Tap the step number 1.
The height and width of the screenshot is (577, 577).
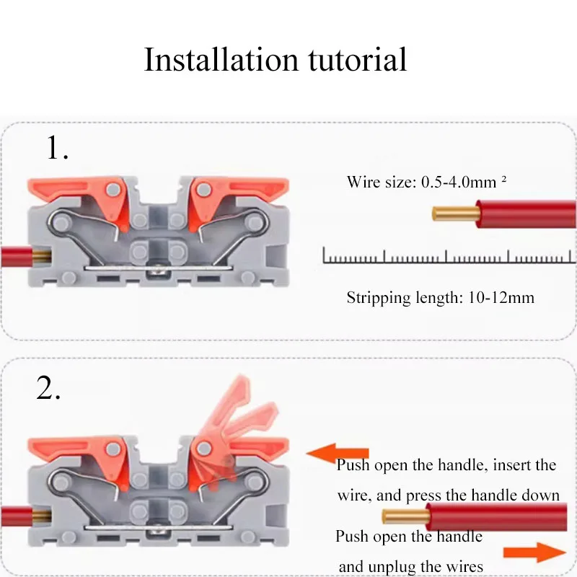click(x=58, y=148)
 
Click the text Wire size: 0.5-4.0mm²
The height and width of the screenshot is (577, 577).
click(x=426, y=182)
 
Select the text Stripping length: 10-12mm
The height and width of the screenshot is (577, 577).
click(x=440, y=297)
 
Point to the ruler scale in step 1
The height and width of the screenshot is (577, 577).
click(x=447, y=255)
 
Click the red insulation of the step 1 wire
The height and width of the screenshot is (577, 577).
click(x=527, y=214)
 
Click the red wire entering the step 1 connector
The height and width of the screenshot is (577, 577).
click(x=11, y=254)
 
